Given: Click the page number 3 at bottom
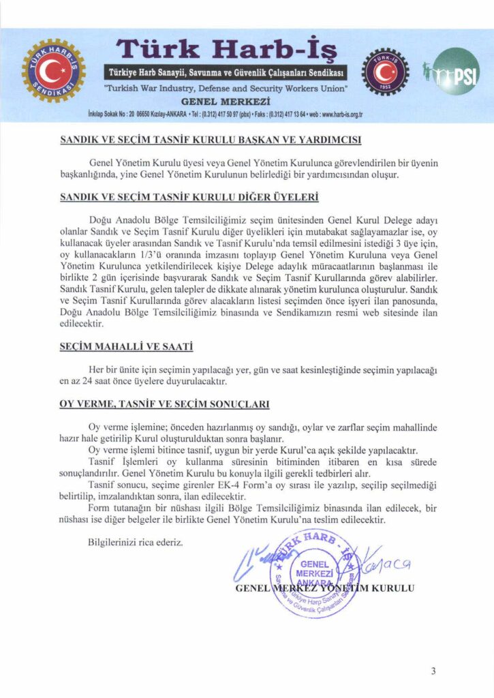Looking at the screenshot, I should [x=433, y=671].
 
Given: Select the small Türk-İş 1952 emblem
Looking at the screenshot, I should [x=385, y=72].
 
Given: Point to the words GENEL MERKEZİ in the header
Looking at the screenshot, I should [x=226, y=101].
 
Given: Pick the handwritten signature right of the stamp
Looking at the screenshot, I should [x=382, y=563].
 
